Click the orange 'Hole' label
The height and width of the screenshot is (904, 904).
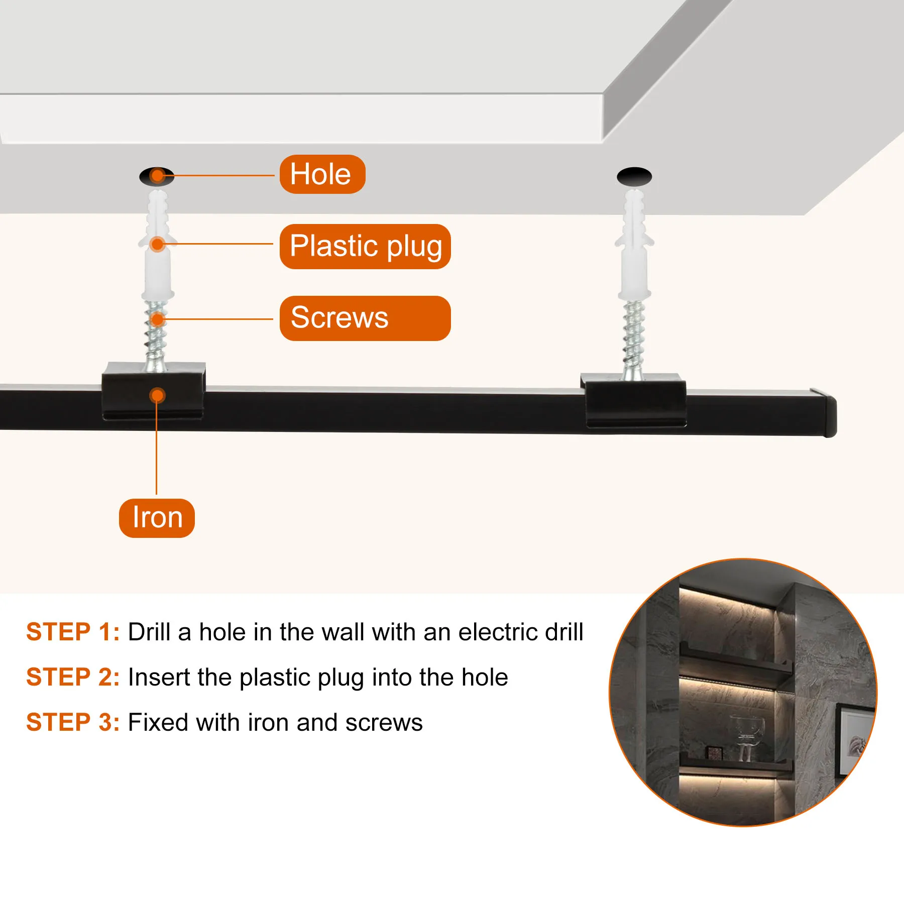[322, 174]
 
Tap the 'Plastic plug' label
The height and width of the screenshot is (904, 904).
[365, 246]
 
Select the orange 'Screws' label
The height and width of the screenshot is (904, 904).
[365, 318]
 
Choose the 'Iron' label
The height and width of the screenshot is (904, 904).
[157, 518]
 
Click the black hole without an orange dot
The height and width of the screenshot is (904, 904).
[634, 177]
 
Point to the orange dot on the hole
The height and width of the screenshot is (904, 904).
[158, 176]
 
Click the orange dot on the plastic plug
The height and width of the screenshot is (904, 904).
[158, 245]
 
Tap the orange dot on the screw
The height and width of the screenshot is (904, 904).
[158, 319]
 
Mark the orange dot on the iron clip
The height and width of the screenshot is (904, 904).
[157, 396]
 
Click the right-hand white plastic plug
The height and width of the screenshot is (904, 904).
[634, 245]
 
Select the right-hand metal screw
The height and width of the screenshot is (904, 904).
[633, 340]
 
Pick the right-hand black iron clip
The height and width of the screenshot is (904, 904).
[634, 400]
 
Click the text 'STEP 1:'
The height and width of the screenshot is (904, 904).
[73, 632]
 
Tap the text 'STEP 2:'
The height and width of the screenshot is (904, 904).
[73, 677]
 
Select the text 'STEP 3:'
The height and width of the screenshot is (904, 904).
[73, 722]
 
